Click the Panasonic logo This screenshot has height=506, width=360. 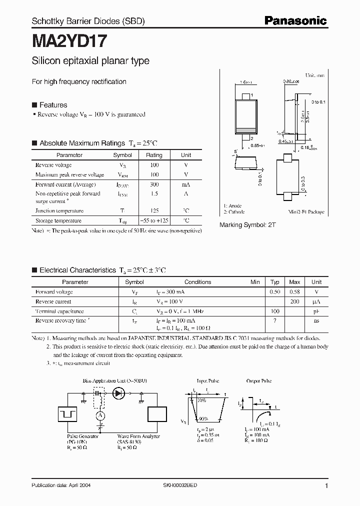click(x=295, y=20)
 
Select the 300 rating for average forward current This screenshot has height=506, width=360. click(x=154, y=184)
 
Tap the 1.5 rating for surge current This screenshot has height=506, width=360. click(x=154, y=193)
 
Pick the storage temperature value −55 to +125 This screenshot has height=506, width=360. click(x=154, y=220)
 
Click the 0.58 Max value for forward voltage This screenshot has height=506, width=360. click(x=295, y=292)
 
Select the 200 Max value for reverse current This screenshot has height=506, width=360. click(x=295, y=301)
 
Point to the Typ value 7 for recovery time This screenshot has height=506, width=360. click(x=275, y=320)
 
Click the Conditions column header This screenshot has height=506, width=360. click(x=198, y=282)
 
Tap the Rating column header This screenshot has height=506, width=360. click(x=154, y=155)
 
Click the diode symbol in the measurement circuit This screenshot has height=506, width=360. click(x=119, y=393)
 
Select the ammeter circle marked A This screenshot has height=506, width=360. click(x=100, y=416)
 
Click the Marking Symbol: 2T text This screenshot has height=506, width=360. click(x=247, y=225)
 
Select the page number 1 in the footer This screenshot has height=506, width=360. click(x=326, y=486)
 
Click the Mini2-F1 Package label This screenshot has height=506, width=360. click(x=307, y=212)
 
